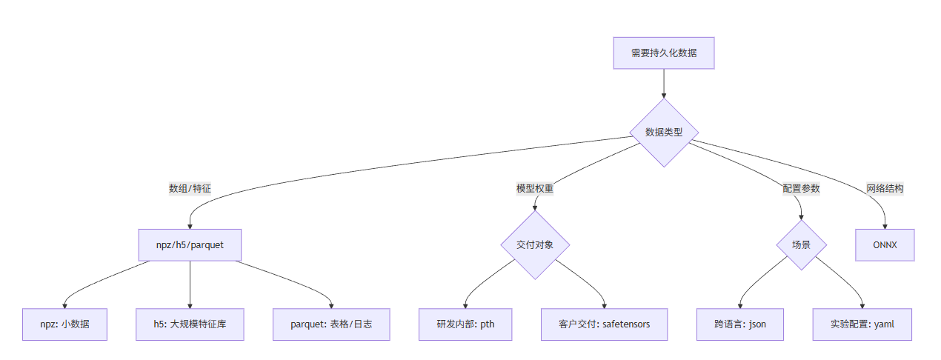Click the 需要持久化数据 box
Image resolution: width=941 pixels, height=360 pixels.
[663, 53]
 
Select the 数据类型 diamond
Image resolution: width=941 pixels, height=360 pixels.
[663, 133]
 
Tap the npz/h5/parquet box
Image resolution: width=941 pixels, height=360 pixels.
[190, 245]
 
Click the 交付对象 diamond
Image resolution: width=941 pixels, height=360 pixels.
[535, 245]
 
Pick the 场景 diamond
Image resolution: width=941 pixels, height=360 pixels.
[801, 245]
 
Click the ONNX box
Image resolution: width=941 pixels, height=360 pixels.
[885, 245]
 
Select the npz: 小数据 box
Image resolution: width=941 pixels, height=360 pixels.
[65, 324]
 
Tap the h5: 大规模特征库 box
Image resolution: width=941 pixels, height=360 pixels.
[190, 324]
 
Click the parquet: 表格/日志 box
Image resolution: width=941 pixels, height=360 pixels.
[331, 324]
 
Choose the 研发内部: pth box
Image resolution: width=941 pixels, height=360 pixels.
[465, 324]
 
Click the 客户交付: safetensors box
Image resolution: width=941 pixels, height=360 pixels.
[605, 324]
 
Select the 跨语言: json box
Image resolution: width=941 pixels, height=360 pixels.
[739, 324]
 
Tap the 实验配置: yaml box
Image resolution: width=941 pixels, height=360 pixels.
[862, 324]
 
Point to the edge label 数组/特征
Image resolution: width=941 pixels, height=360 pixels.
[190, 188]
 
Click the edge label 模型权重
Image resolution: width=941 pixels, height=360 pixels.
[535, 188]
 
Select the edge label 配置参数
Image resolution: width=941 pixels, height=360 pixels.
[801, 188]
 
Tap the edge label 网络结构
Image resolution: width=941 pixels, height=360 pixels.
[885, 188]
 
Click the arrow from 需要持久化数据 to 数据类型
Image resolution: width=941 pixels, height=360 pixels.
[663, 83]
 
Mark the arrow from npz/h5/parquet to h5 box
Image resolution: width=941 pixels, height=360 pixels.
[190, 285]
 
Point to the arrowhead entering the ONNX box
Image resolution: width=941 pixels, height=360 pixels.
[885, 226]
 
